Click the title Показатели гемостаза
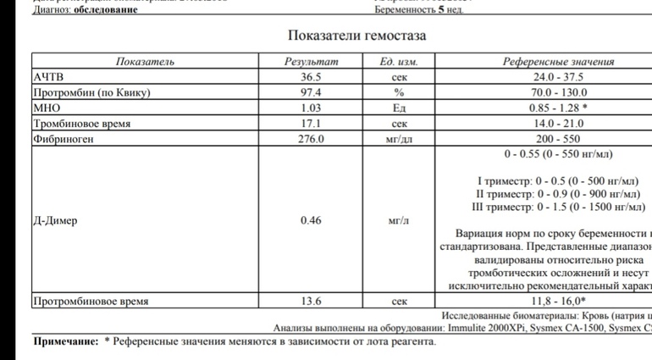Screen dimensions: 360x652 356,36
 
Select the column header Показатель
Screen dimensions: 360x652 145,62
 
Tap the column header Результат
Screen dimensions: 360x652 310,62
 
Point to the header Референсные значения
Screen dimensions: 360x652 558,62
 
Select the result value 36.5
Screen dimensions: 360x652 310,77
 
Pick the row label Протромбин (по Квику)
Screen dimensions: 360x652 91,92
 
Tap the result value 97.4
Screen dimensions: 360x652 310,92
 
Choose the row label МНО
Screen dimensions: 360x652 46,108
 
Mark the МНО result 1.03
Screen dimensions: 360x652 310,108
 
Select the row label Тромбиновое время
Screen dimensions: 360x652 81,124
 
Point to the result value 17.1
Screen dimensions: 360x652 310,124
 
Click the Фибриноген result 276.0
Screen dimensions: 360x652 310,139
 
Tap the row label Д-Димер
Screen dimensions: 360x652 55,221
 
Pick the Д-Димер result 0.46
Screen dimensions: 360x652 310,221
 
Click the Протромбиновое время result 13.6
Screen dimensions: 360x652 310,301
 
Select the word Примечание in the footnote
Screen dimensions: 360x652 65,342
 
